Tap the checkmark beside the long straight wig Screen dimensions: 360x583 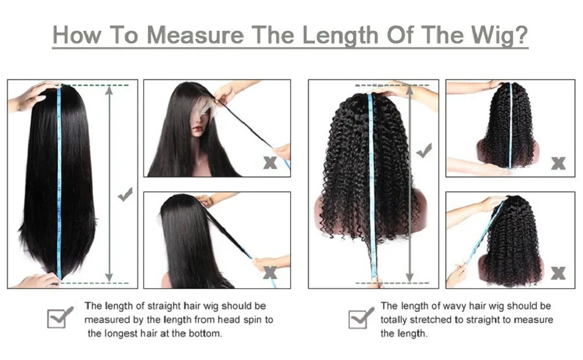click(x=125, y=195)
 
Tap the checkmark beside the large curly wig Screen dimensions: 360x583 click(x=424, y=151)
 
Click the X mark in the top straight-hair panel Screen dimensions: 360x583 click(x=269, y=163)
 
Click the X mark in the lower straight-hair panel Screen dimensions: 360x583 click(x=269, y=272)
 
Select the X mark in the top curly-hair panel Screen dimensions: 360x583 click(x=558, y=163)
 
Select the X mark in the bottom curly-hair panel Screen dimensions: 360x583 click(x=558, y=273)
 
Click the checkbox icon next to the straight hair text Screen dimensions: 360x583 click(x=59, y=317)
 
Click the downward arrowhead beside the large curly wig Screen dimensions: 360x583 click(x=410, y=278)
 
